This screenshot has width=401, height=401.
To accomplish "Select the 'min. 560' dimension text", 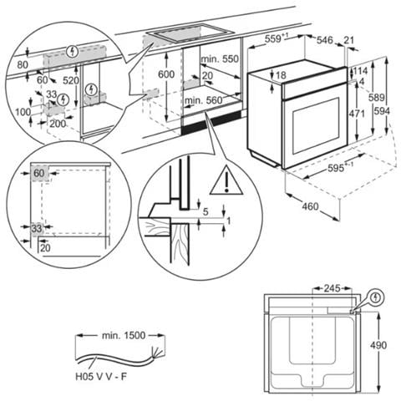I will (202, 101).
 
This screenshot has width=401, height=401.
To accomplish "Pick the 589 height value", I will (377, 98).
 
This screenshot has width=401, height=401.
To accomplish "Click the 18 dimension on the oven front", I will (282, 76).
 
